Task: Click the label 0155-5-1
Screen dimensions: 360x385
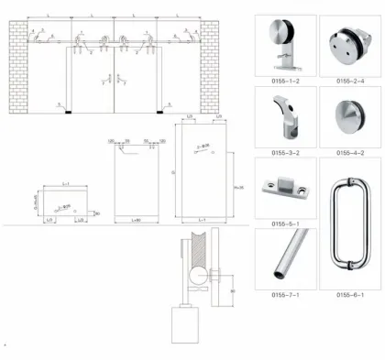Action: (x=280, y=223)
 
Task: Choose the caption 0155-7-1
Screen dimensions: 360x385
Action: (x=280, y=294)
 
